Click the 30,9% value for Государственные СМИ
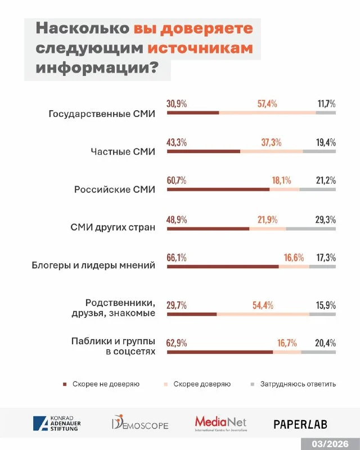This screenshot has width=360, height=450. tap(177, 104)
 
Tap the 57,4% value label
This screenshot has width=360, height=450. tap(267, 104)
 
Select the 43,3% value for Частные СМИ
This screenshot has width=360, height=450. tap(177, 142)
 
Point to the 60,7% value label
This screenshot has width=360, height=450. tap(177, 181)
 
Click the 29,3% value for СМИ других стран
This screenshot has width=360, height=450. tap(326, 219)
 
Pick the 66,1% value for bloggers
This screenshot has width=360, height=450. tap(177, 258)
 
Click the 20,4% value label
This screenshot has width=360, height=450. tap(326, 343)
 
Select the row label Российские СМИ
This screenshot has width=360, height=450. tap(114, 190)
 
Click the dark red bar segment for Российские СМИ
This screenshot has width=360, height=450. tap(218, 190)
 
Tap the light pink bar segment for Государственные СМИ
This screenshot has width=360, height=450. tap(267, 113)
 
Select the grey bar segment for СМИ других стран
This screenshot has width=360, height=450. tap(310, 228)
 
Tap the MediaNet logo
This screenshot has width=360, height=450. tap(220, 423)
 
